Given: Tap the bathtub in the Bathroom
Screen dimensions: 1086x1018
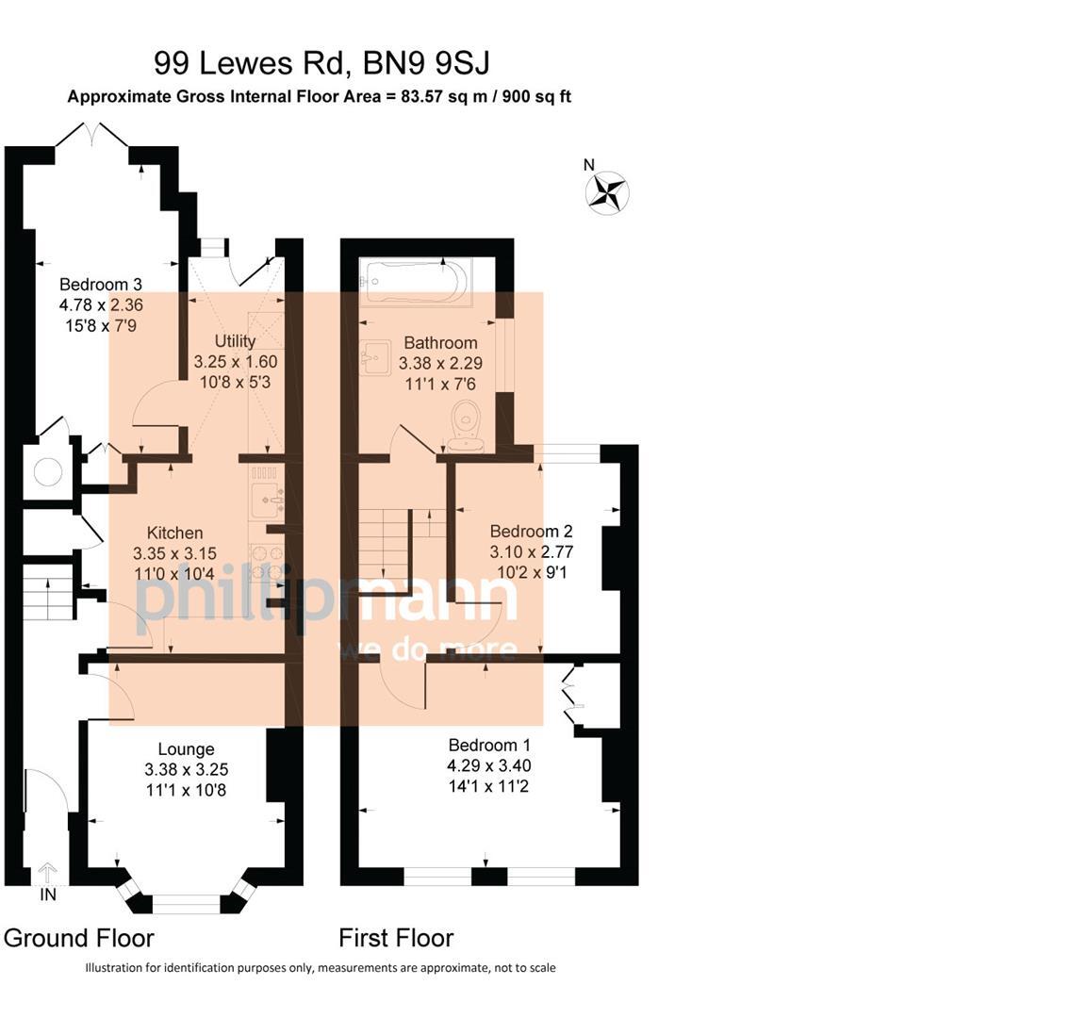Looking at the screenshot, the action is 416,281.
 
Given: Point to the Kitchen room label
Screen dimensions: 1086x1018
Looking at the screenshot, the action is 175,534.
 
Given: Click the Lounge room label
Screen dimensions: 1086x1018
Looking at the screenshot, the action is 186,749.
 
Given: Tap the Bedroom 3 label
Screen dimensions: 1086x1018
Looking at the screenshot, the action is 101,285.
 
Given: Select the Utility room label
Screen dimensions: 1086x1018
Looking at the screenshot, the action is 235,341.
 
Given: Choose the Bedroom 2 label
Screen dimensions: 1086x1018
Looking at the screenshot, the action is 532,532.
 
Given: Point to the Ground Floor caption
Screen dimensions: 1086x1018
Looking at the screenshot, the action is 78,938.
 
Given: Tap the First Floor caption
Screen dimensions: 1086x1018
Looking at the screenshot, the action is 396,938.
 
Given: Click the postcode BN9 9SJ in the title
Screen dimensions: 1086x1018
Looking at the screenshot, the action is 428,63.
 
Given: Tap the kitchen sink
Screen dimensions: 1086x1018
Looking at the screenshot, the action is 268,501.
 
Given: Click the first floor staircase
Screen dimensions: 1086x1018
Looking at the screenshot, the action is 386,543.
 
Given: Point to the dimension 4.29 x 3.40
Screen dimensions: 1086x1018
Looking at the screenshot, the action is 488,765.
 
